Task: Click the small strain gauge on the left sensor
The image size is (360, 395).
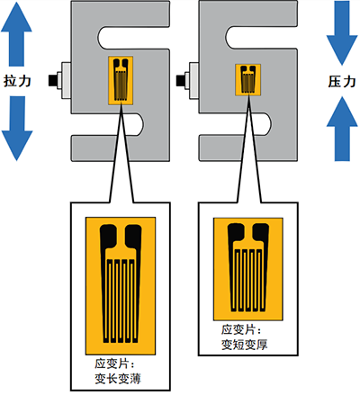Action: point(119,78)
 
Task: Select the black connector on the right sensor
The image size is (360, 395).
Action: point(186,78)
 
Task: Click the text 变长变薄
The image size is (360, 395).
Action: point(119,379)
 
